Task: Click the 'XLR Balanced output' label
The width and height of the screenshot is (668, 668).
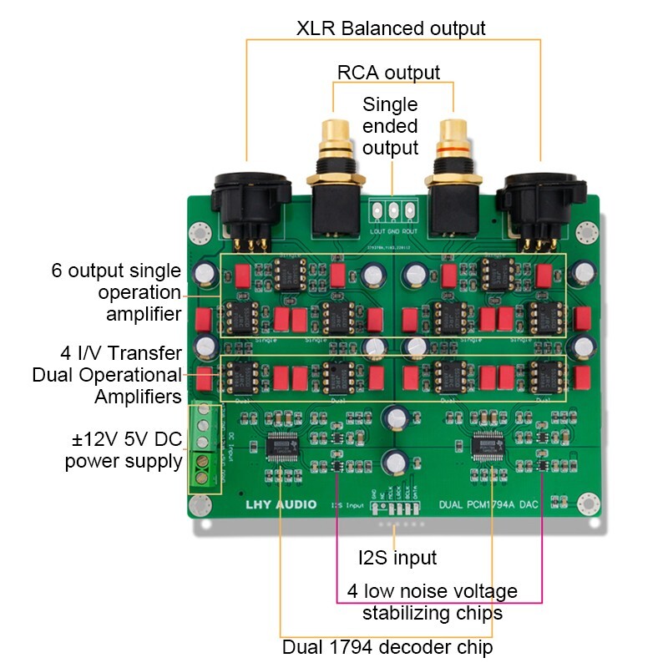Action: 391,28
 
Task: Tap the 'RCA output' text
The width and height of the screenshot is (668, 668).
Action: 388,72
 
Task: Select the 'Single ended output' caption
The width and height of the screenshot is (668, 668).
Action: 390,127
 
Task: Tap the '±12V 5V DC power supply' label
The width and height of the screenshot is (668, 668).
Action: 124,450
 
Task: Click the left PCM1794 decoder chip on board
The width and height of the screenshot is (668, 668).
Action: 281,447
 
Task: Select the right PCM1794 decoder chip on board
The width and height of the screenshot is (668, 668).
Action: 487,446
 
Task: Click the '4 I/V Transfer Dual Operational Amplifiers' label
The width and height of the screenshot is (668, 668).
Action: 109,374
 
